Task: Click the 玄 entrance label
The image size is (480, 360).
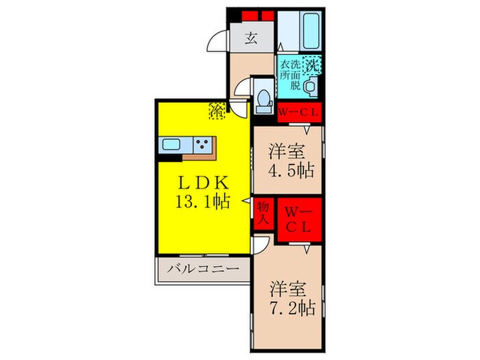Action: click(251, 38)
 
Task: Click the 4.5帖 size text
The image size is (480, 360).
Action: click(287, 170)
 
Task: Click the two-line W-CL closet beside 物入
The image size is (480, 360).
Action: click(298, 219)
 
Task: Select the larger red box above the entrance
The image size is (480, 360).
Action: click(263, 14)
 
